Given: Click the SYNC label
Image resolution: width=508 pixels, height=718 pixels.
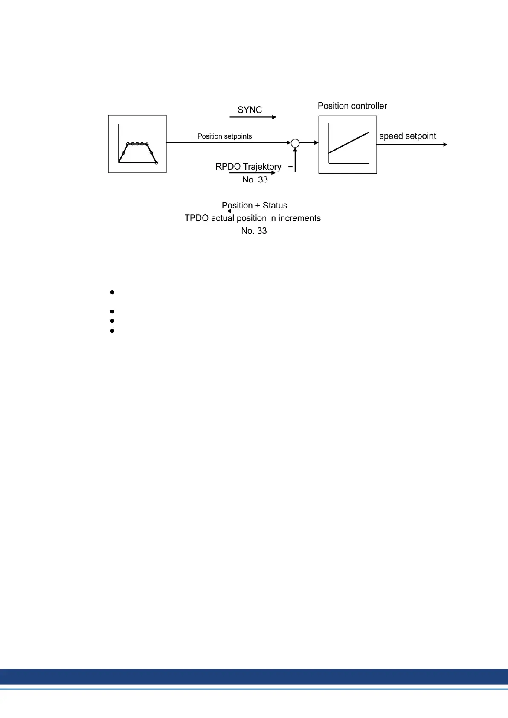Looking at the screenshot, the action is pyautogui.click(x=250, y=110).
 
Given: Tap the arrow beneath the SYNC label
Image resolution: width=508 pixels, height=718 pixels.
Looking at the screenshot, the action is pyautogui.click(x=253, y=117).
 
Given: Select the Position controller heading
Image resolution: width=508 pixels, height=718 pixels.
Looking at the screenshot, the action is pyautogui.click(x=352, y=106).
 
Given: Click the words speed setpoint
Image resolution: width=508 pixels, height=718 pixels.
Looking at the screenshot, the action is pyautogui.click(x=407, y=136).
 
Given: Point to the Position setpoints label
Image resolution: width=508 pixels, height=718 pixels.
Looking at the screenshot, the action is pyautogui.click(x=224, y=136).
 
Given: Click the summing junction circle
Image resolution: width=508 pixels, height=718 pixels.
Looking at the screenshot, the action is pyautogui.click(x=295, y=143).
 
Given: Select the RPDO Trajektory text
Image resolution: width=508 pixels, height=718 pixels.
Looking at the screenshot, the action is pyautogui.click(x=248, y=166).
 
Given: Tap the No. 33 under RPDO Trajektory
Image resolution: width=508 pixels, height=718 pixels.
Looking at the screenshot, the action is pyautogui.click(x=255, y=179).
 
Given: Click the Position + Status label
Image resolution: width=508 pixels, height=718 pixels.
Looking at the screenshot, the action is pyautogui.click(x=254, y=205).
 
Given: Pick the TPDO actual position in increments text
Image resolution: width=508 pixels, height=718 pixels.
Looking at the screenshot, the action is pyautogui.click(x=253, y=218).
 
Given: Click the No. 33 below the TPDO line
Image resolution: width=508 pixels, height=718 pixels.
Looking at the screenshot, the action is pyautogui.click(x=254, y=231).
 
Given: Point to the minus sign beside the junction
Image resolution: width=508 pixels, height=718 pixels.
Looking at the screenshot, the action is pyautogui.click(x=290, y=167).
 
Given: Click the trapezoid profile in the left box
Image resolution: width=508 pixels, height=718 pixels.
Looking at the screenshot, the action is pyautogui.click(x=137, y=153).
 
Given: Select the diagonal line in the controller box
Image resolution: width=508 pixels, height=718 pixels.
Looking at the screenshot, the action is pyautogui.click(x=348, y=142).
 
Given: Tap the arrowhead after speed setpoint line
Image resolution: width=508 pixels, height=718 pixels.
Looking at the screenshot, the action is pyautogui.click(x=445, y=145).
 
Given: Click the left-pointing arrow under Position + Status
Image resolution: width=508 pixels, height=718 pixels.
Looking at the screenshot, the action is pyautogui.click(x=253, y=211).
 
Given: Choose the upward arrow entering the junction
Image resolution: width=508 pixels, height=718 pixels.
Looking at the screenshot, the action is pyautogui.click(x=295, y=160).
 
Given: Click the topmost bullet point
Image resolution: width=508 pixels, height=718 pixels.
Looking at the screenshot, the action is pyautogui.click(x=112, y=292).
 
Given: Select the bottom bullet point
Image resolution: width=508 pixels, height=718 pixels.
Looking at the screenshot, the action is pyautogui.click(x=112, y=330).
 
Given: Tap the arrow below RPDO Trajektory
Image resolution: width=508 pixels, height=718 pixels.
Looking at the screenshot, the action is pyautogui.click(x=252, y=173).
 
